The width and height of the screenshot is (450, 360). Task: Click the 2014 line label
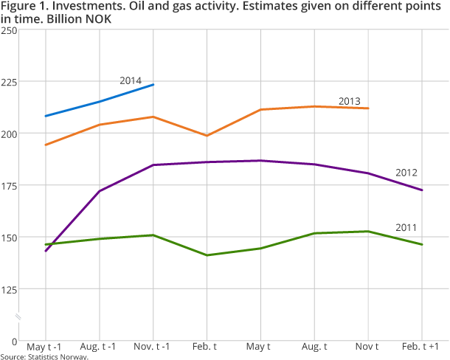[x=131, y=80]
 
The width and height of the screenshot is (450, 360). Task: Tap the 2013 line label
[x=350, y=101]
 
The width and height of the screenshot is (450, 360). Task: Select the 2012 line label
[x=406, y=173]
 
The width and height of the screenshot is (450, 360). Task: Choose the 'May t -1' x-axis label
[x=45, y=347]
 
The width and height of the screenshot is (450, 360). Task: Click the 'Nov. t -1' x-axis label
[x=153, y=347]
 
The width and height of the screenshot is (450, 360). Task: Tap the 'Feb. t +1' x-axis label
[x=422, y=347]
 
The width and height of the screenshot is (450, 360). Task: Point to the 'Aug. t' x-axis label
[x=314, y=347]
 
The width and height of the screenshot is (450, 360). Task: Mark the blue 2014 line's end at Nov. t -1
[x=153, y=85]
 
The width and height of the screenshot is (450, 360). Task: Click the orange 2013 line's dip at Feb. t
[x=207, y=136]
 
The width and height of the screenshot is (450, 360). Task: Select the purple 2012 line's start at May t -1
[x=46, y=251]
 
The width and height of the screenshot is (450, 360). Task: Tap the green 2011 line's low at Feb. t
[x=207, y=255]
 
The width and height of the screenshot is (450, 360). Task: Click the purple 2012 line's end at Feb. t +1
[x=422, y=190]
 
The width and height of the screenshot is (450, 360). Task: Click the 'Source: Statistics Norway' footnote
[x=44, y=357]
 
